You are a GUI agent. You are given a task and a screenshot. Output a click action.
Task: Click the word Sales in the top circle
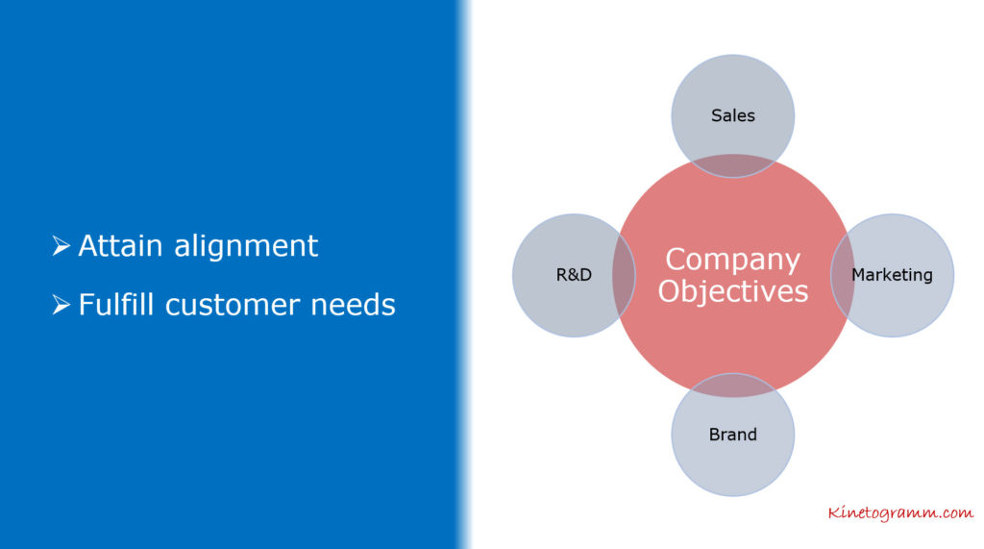(x=732, y=115)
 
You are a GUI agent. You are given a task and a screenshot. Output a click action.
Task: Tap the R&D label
(x=574, y=275)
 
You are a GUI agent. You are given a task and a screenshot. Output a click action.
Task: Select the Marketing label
(x=892, y=275)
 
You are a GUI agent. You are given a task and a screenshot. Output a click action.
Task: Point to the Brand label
(x=732, y=434)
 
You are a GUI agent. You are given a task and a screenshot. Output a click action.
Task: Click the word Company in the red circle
(x=732, y=260)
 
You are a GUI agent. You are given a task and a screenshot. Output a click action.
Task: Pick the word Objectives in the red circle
(x=733, y=290)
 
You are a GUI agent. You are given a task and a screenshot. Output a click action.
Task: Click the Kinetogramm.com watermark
(x=900, y=512)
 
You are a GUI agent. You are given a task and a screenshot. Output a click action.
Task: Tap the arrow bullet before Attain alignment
(x=61, y=245)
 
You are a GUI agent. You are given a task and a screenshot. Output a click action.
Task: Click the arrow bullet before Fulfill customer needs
(x=61, y=305)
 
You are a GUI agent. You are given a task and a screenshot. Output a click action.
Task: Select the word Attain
(x=120, y=245)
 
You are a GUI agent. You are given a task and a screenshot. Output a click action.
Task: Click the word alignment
(x=246, y=245)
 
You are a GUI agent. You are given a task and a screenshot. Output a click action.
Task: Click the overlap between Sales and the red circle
(x=733, y=165)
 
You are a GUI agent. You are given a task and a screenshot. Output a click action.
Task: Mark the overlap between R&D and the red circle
(x=624, y=275)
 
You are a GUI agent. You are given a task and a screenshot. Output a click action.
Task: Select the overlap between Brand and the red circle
(x=733, y=385)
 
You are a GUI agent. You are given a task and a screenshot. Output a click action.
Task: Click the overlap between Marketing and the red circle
(x=842, y=275)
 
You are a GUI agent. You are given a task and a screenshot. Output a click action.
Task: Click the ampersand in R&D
(x=574, y=275)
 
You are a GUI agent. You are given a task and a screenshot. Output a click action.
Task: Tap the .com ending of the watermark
(x=956, y=512)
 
